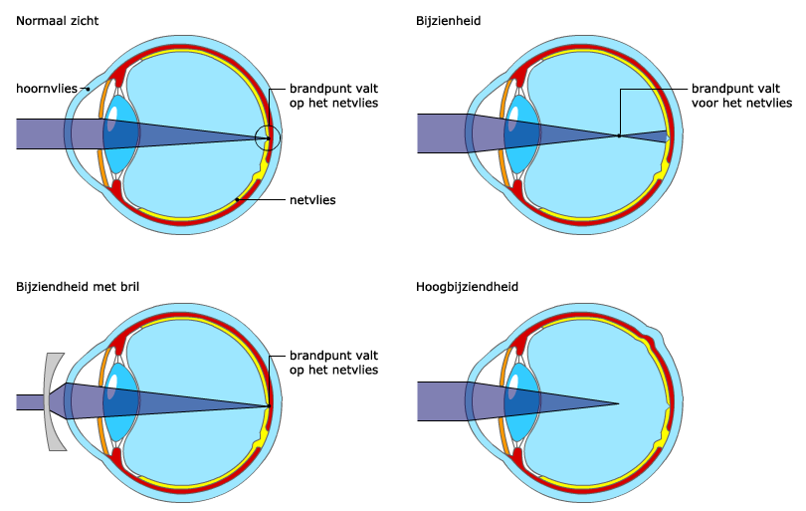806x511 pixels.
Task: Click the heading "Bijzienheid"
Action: (449, 19)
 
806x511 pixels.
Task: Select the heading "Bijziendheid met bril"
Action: (78, 287)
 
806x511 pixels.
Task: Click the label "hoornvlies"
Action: (45, 89)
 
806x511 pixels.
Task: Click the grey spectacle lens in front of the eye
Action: (51, 401)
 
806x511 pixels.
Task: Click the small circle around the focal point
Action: (267, 137)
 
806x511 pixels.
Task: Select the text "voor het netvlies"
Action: (741, 103)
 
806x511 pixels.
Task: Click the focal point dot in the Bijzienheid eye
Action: (619, 135)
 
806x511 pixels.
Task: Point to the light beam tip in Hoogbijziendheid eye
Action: (617, 402)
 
